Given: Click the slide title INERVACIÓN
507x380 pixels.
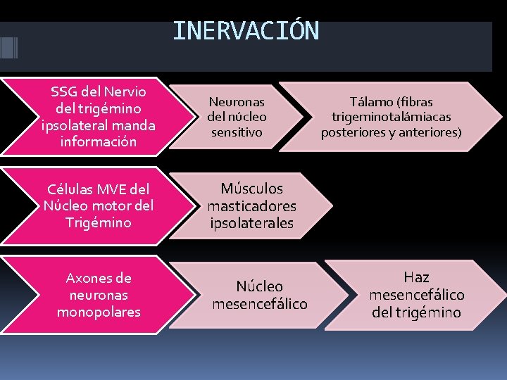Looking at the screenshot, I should point(245,31).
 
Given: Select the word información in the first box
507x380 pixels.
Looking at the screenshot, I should point(99,141).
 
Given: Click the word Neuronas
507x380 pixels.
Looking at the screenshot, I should point(237,101).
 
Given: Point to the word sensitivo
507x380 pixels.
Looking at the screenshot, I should point(237,132).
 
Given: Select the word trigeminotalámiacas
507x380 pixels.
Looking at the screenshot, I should point(392,117).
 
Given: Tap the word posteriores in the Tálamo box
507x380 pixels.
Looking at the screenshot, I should point(355,132).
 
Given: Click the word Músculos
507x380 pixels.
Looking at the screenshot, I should point(251,189).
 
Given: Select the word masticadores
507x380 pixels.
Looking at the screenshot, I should point(251,206).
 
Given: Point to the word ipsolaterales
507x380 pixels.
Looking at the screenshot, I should point(251,223).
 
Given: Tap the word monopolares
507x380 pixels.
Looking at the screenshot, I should point(99,311).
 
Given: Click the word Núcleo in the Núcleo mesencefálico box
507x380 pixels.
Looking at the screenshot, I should point(259,286).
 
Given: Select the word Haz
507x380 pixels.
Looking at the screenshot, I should point(416,277).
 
